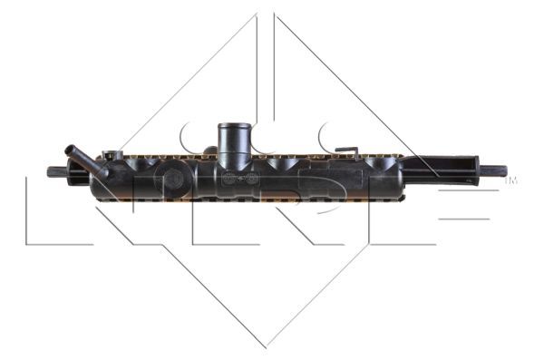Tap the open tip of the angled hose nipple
(69, 148)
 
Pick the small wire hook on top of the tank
(345, 151)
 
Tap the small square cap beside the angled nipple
(112, 155)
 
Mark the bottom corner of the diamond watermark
(267, 347)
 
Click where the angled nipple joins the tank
(97, 167)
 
